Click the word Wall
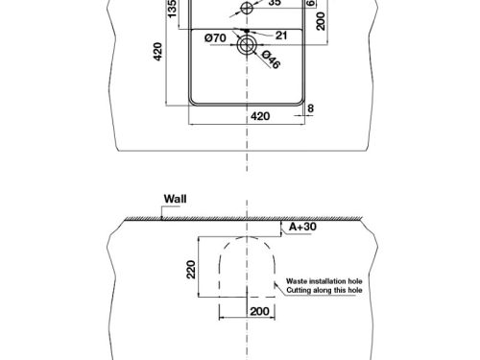click(175, 201)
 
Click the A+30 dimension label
click(301, 227)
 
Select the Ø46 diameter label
click(271, 62)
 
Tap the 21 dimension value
click(281, 36)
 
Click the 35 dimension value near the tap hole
click(275, 4)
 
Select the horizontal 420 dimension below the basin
click(259, 115)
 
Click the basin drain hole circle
click(249, 41)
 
